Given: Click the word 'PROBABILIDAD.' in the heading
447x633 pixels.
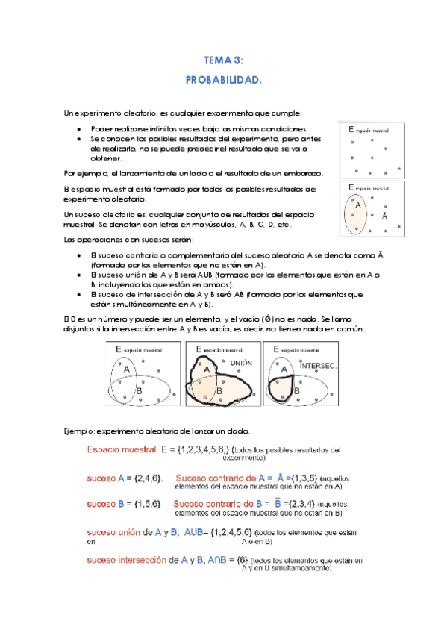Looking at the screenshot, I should click(x=224, y=78).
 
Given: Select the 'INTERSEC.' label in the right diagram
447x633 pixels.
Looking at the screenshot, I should click(x=319, y=365).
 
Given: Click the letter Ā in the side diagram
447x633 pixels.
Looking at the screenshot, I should click(x=385, y=216).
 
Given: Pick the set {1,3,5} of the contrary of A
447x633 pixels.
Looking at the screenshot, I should click(x=297, y=478).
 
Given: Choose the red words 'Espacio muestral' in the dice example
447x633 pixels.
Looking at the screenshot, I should click(x=121, y=450).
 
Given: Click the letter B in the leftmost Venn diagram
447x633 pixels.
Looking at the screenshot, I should click(x=139, y=390).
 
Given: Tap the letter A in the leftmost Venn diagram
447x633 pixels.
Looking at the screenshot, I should click(x=126, y=370).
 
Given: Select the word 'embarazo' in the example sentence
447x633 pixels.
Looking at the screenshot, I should click(x=304, y=172).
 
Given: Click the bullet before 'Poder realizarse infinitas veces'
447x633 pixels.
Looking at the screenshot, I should click(x=80, y=129).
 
